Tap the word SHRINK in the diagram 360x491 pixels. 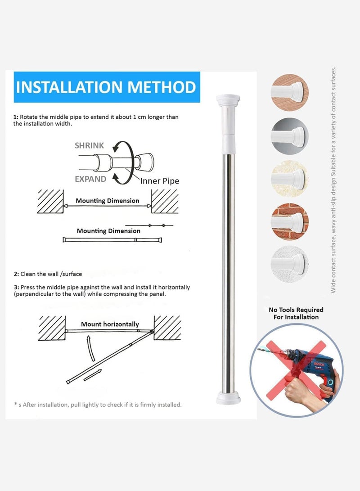click(x=89, y=145)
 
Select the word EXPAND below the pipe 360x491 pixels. click(x=90, y=179)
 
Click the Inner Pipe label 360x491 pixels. click(x=159, y=181)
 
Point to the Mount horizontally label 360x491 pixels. click(x=110, y=324)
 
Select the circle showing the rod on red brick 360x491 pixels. click(x=290, y=221)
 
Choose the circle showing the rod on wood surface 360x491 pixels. click(x=290, y=91)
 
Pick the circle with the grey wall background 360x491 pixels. click(x=290, y=134)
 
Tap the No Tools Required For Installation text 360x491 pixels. click(x=296, y=313)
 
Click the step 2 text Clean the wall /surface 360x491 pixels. click(x=48, y=274)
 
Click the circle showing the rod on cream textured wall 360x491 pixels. click(x=290, y=178)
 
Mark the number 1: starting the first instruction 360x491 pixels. click(x=16, y=117)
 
